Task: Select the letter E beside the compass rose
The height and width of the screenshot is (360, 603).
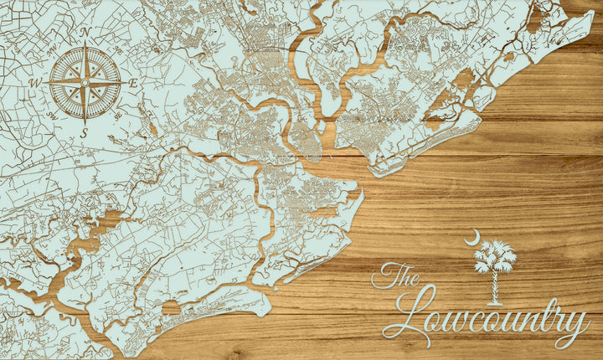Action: (x=133, y=83)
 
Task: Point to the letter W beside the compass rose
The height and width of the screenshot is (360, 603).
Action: (x=36, y=83)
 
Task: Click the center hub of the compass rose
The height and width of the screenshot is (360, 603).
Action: (x=85, y=82)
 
